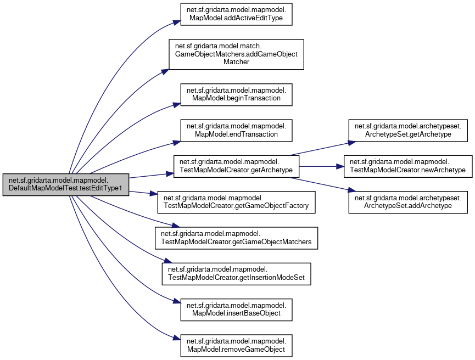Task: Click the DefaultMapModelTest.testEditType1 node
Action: tap(65, 184)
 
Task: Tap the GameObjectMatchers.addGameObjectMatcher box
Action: tap(236, 54)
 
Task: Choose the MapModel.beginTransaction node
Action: tap(236, 93)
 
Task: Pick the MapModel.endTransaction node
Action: tap(236, 130)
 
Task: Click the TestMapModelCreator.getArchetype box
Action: tap(236, 166)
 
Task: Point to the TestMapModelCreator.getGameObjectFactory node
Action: tap(236, 202)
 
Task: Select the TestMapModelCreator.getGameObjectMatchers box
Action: tap(236, 238)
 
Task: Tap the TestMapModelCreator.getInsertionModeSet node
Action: tap(236, 274)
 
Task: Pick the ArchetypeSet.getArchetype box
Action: tap(408, 130)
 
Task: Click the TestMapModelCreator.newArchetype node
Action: tap(408, 166)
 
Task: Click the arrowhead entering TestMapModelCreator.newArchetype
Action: tap(340, 166)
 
